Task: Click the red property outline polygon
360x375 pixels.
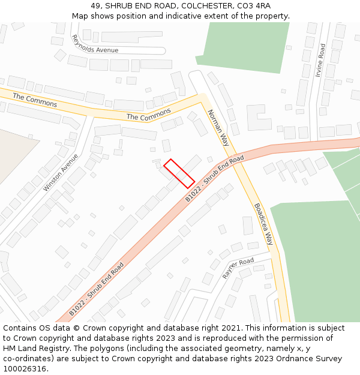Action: pos(179,173)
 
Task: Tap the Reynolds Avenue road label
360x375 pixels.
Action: pos(94,45)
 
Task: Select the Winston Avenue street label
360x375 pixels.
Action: pos(61,172)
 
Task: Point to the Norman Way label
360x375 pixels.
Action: pos(218,128)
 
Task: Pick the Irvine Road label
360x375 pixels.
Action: pos(321,60)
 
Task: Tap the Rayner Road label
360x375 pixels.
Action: pos(238,268)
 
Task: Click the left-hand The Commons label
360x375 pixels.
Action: pos(35,100)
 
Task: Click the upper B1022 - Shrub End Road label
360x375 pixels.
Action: pos(214,178)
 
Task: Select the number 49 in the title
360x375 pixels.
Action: pos(96,6)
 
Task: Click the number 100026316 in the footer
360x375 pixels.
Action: pos(25,369)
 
